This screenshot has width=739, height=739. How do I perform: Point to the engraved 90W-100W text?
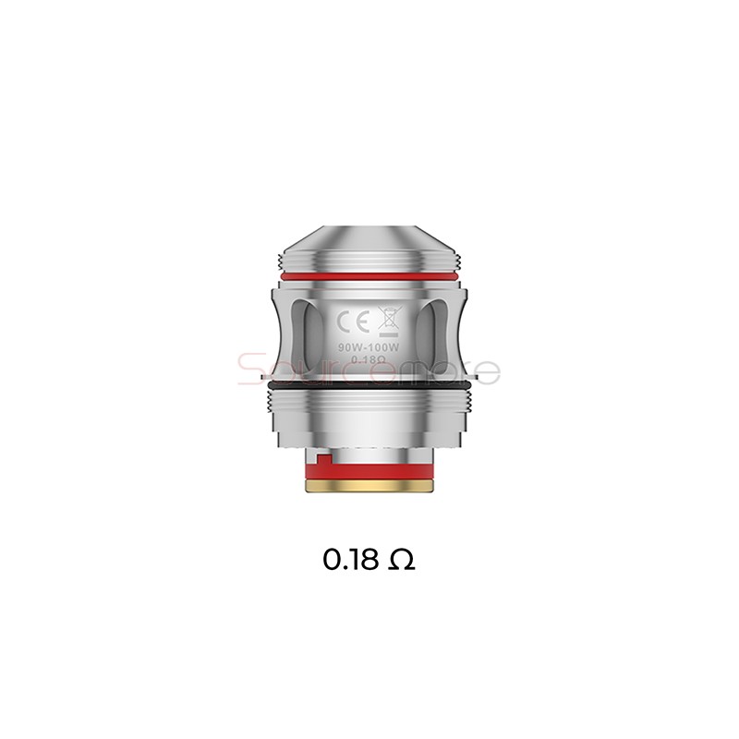pos(369,348)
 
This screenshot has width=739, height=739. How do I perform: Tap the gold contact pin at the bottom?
pos(369,494)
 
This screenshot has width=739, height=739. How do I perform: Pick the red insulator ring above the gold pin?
pos(369,477)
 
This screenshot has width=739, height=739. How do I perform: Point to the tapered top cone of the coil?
pos(369,237)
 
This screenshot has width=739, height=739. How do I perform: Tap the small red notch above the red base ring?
pos(316,460)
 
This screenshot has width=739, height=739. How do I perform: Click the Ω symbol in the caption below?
pos(402,560)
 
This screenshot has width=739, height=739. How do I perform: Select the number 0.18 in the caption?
pos(352,560)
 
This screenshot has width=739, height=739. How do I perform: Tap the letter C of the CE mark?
pos(341,323)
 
